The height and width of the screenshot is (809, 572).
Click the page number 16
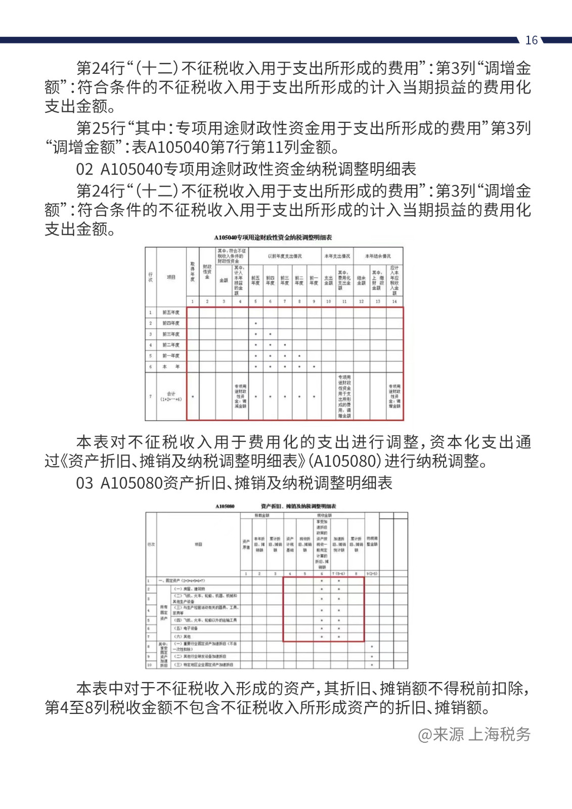(x=531, y=40)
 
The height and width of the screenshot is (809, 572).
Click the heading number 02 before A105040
(x=84, y=169)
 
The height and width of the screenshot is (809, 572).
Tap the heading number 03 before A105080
(x=84, y=483)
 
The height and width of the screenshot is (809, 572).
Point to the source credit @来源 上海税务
(x=474, y=734)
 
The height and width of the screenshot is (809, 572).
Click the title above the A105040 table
(x=273, y=238)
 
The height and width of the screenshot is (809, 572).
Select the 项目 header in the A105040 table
(x=171, y=277)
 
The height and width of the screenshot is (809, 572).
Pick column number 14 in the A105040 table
(x=394, y=301)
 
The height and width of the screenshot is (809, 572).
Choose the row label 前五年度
(x=171, y=312)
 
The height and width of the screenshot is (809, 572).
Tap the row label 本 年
(x=171, y=367)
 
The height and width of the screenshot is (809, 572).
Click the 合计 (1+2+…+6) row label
(x=171, y=396)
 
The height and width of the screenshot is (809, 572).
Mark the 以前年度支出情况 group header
(x=285, y=256)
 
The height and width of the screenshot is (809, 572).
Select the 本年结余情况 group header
(x=378, y=256)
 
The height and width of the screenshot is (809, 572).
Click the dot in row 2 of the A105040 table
(x=256, y=324)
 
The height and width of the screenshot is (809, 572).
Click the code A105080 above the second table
(x=225, y=506)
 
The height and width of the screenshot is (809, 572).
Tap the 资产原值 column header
(x=246, y=545)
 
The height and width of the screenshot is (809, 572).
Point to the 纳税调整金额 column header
(x=372, y=542)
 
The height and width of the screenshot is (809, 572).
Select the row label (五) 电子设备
(x=186, y=628)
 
